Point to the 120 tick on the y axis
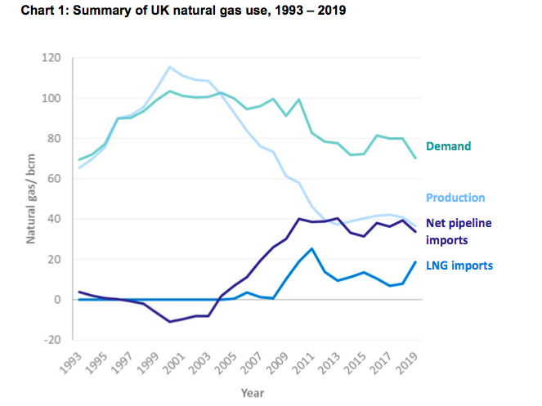point(52,58)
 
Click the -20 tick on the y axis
point(52,340)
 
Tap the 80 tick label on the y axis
point(55,139)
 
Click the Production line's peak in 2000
point(169,67)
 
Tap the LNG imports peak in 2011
point(311,248)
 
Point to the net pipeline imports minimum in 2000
point(169,322)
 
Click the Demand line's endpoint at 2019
point(416,158)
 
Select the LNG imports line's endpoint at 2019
point(416,261)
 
